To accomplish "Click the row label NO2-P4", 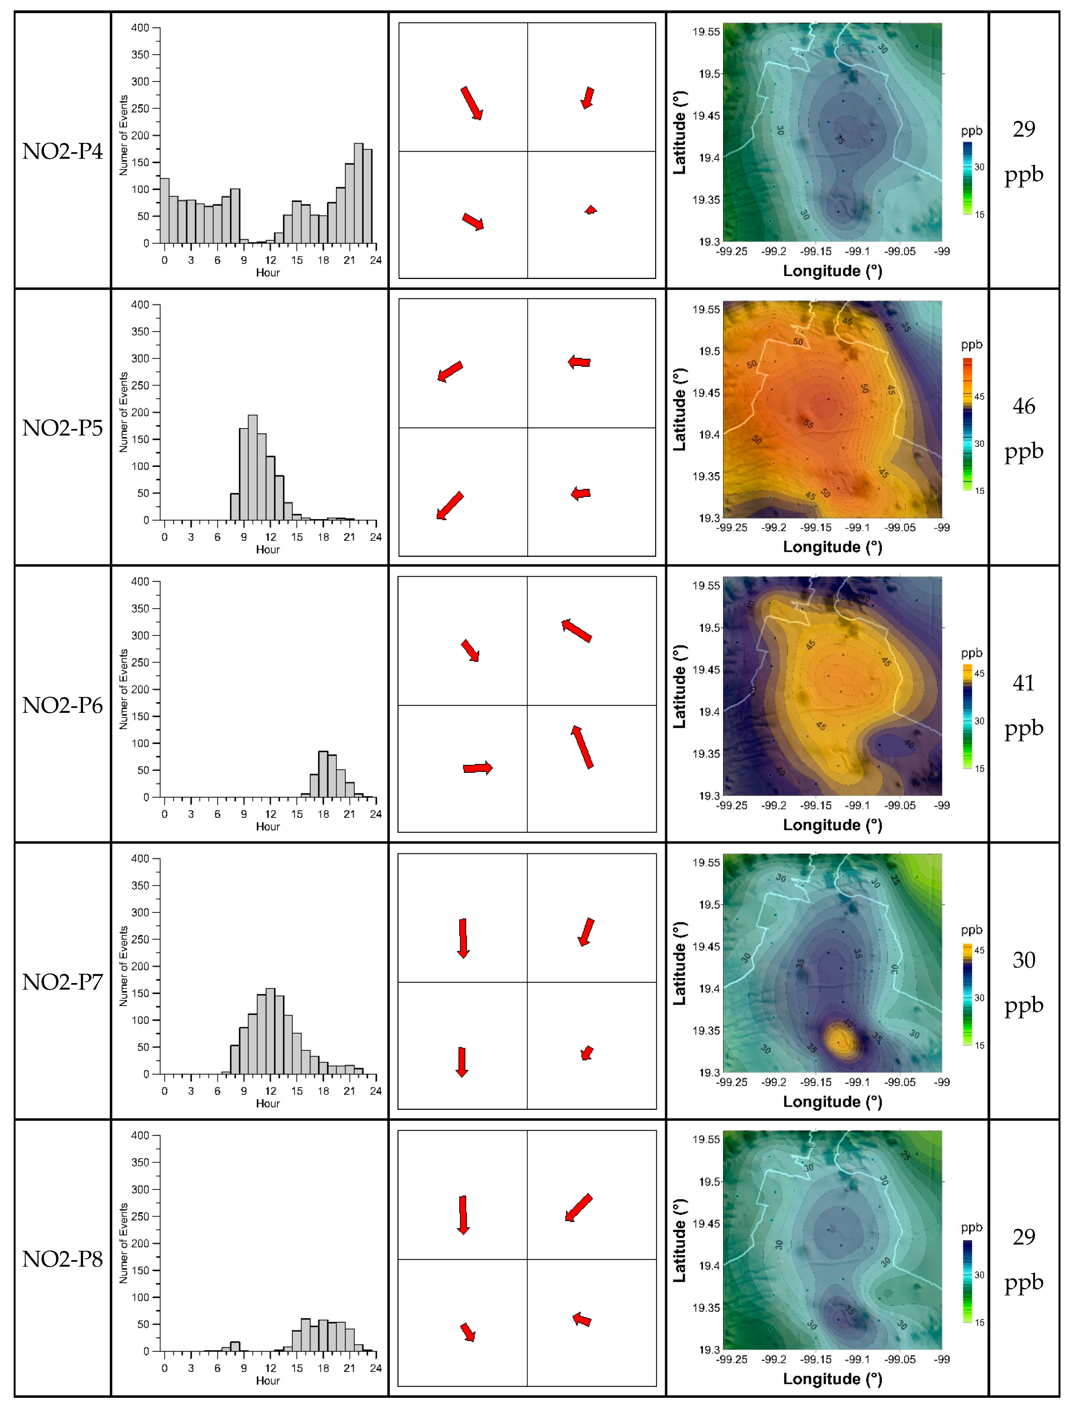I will (x=63, y=151).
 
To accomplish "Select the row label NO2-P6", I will (x=63, y=705).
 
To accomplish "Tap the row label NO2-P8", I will (x=63, y=1259).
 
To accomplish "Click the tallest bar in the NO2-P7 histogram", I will (x=270, y=1031).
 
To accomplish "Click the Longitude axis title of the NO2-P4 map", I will (x=832, y=271).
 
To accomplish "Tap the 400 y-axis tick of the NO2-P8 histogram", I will (x=140, y=1135).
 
